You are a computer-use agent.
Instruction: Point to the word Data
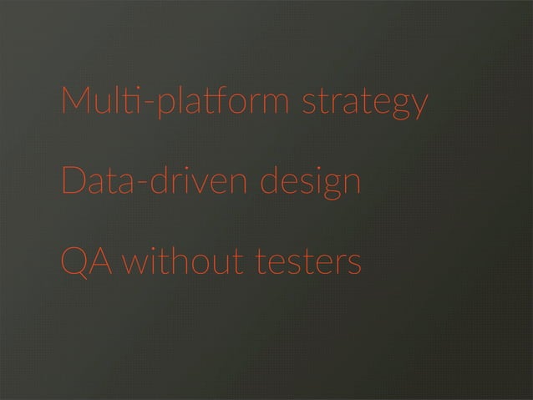(x=98, y=181)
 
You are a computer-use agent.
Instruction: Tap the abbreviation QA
(x=89, y=263)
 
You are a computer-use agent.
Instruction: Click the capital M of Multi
(x=73, y=101)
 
